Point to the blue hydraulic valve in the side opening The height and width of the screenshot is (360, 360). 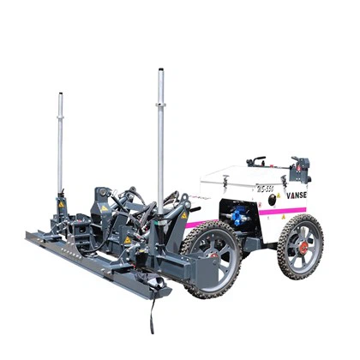point(236,214)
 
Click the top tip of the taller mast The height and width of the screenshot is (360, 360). point(160,72)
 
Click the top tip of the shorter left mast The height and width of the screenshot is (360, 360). point(60,94)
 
